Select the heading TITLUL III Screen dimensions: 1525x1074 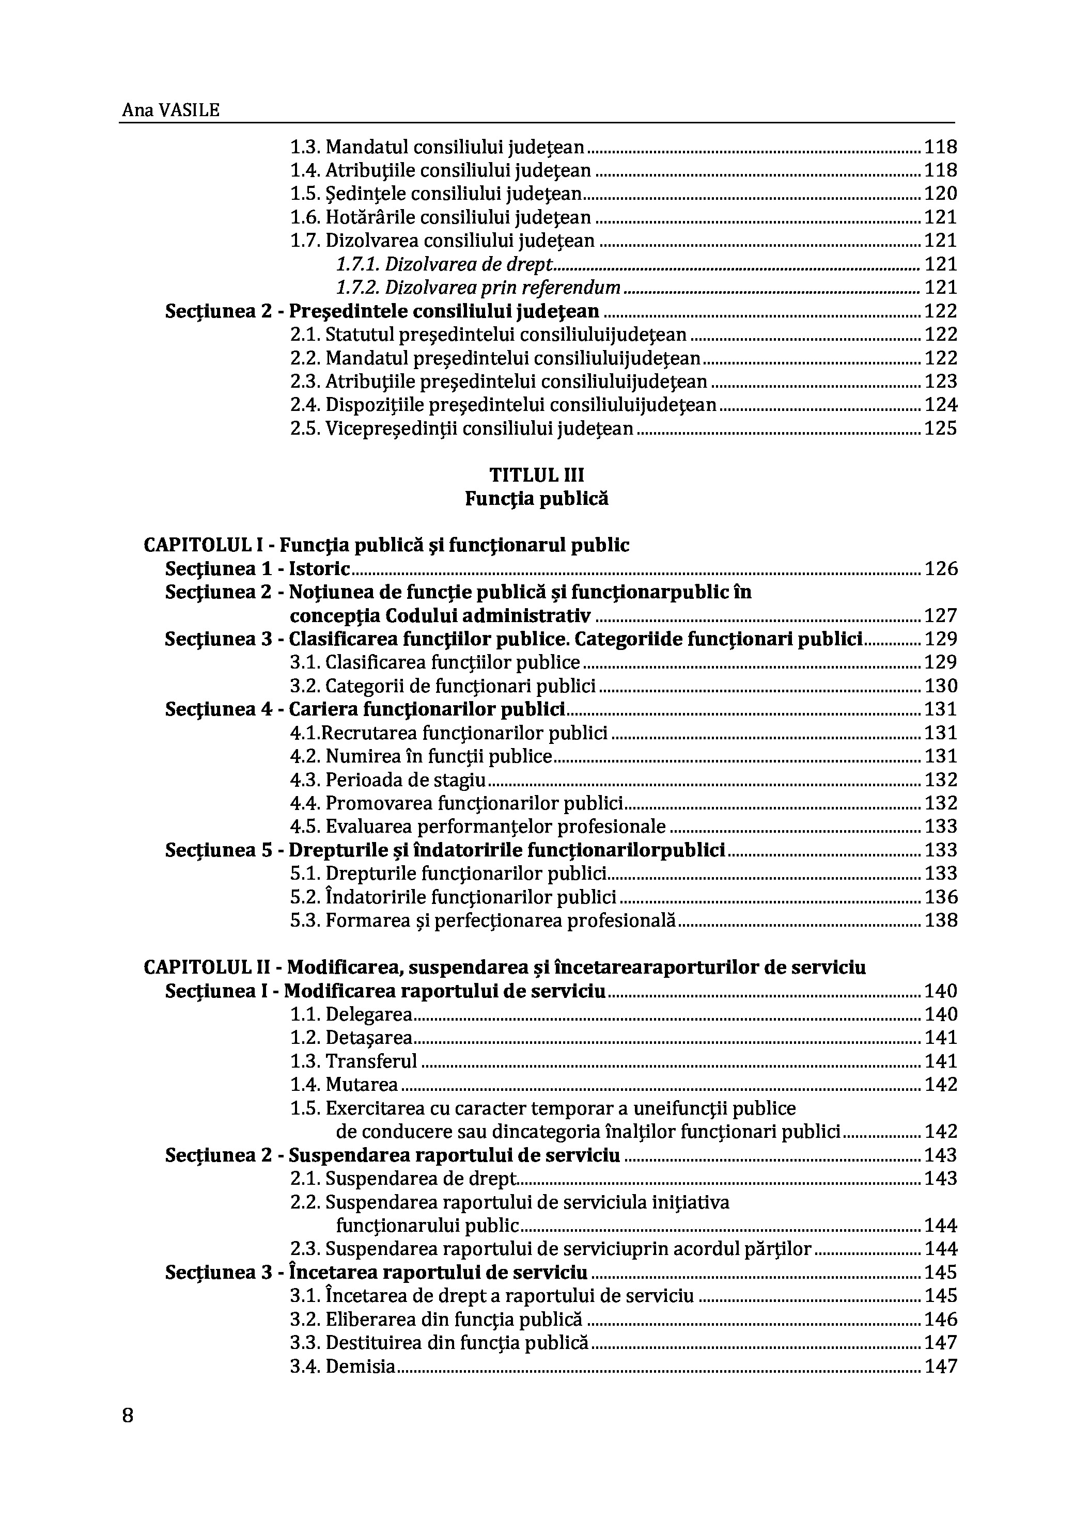pyautogui.click(x=536, y=475)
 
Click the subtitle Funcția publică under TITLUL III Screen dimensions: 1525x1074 pyautogui.click(x=536, y=498)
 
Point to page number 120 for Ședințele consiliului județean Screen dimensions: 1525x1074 pyautogui.click(x=940, y=194)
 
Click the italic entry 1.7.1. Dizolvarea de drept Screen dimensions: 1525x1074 pyautogui.click(x=444, y=264)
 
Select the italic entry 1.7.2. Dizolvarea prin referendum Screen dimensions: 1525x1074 pyautogui.click(x=478, y=288)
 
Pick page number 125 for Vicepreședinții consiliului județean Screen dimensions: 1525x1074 pyautogui.click(x=940, y=428)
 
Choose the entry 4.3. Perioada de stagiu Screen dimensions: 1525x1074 pyautogui.click(x=387, y=780)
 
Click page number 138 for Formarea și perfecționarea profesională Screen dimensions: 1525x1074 pyautogui.click(x=940, y=920)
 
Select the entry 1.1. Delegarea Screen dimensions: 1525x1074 pyautogui.click(x=352, y=1014)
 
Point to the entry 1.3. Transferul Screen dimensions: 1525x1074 pyautogui.click(x=353, y=1061)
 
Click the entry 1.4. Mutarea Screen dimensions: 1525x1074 pyautogui.click(x=344, y=1085)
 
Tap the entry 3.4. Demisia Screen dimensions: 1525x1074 pyautogui.click(x=343, y=1367)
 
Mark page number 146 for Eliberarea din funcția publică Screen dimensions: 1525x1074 pyautogui.click(x=940, y=1319)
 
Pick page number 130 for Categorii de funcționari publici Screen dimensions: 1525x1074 pyautogui.click(x=940, y=686)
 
